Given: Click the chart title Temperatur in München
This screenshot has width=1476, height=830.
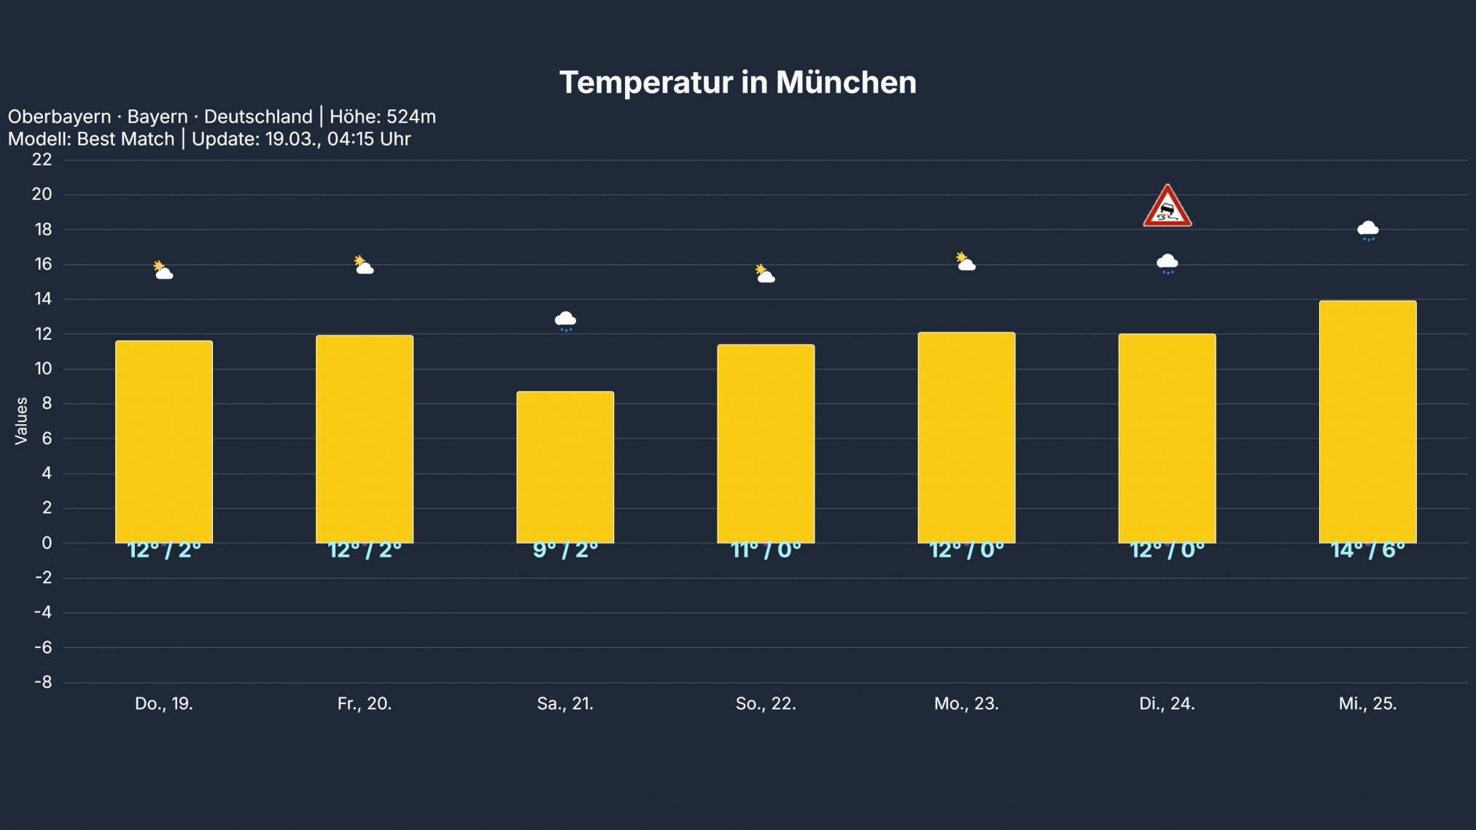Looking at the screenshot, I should point(737,82).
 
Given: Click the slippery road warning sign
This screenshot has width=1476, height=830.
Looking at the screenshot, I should point(1167,207).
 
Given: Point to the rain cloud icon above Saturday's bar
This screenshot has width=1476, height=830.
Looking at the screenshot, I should point(565,321).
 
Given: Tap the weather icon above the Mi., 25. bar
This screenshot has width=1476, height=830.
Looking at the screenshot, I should point(1367,230).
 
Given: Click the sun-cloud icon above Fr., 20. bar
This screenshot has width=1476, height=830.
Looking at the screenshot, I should point(364,265).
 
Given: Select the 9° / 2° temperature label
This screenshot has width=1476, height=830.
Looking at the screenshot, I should point(565,550).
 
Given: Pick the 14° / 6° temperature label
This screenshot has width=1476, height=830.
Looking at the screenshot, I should point(1367,550).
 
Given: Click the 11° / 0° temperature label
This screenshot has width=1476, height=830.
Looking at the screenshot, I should point(766,550).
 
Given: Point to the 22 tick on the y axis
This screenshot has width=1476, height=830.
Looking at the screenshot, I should point(42,160).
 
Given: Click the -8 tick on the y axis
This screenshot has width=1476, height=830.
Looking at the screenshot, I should point(43,682).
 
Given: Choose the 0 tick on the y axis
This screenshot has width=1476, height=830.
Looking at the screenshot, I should point(47,543).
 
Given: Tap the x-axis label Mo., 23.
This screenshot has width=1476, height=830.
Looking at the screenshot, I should point(966,704).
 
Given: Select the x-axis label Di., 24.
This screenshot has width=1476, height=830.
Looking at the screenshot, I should point(1167,704).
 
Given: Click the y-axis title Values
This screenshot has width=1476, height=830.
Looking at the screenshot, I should point(21,420).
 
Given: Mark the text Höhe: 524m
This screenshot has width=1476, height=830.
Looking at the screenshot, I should point(382,117).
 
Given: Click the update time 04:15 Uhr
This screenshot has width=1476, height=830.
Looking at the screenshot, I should point(368,139).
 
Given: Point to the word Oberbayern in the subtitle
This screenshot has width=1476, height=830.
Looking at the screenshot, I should point(59,117).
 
